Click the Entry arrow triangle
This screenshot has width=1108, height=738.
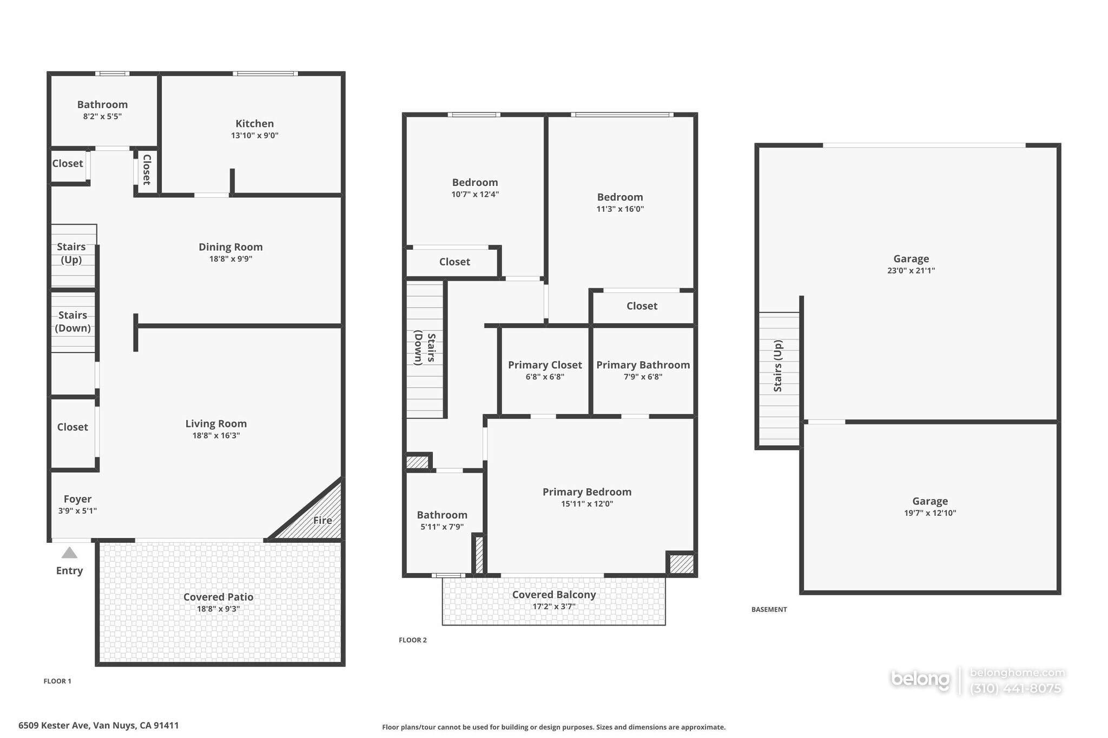[x=69, y=553]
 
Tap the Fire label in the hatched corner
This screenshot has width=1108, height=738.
[x=322, y=520]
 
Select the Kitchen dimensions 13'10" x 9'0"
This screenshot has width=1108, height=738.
[x=254, y=136]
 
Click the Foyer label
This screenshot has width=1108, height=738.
[x=77, y=499]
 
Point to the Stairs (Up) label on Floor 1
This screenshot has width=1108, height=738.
[x=71, y=253]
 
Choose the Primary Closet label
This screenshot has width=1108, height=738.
[x=545, y=365]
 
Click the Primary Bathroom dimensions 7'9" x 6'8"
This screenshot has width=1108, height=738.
[x=643, y=377]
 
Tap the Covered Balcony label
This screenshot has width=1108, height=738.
[x=554, y=595]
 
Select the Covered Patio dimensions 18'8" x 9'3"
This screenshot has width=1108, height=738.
[x=218, y=609]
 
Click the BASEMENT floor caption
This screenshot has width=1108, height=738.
[x=769, y=609]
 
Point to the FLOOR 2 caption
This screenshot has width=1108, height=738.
[x=413, y=640]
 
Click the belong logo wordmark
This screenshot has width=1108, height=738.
[x=920, y=679]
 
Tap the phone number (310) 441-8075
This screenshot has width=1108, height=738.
[x=1015, y=688]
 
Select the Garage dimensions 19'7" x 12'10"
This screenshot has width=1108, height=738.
[x=930, y=513]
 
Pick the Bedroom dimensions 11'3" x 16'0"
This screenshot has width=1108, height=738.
[x=620, y=209]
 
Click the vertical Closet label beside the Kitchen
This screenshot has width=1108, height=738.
[x=146, y=170]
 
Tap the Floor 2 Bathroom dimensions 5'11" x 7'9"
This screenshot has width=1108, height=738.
[x=442, y=527]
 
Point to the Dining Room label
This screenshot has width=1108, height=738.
[x=230, y=247]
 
